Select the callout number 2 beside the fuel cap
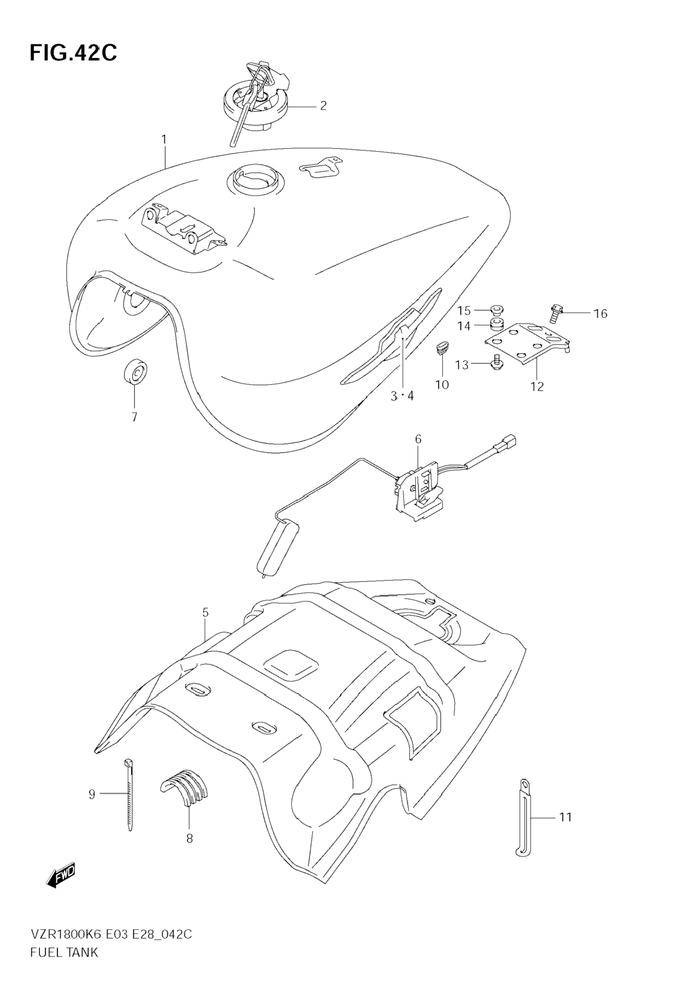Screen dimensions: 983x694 (x=323, y=106)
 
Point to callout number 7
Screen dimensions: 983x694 (x=134, y=417)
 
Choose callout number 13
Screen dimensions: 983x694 (x=462, y=365)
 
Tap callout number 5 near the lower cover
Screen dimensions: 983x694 (x=205, y=613)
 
